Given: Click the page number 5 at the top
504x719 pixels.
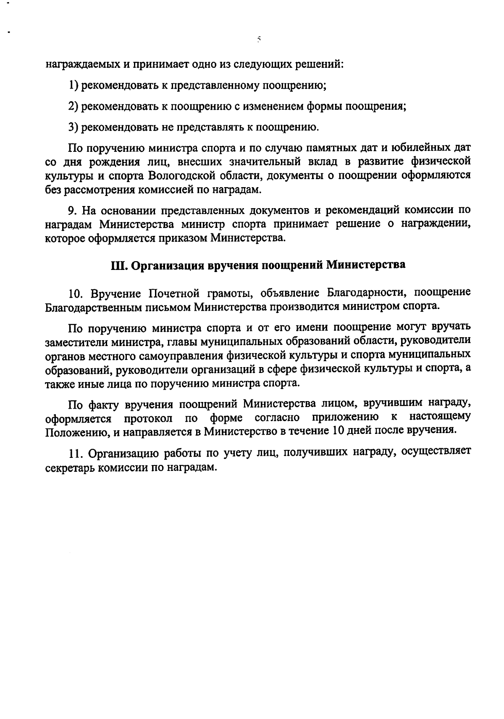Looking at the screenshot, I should coord(259,40).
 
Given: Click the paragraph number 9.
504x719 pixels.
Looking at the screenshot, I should coord(72,210).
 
